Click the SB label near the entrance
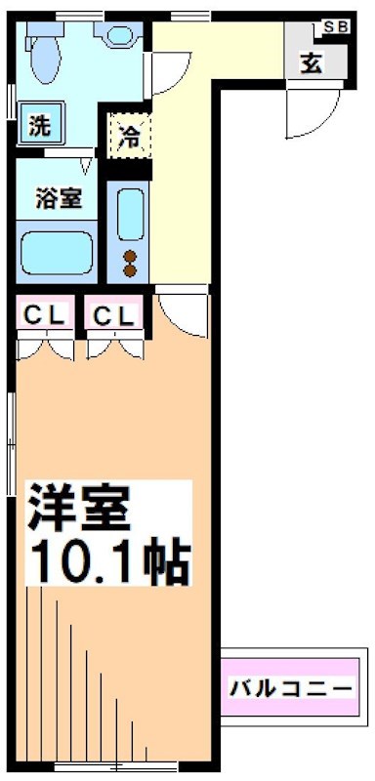coord(336,26)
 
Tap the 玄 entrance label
coord(311,63)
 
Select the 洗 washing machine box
coord(38,126)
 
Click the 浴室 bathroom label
coord(53,198)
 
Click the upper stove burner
coord(129,258)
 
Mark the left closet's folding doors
coord(44,347)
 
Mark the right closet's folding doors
coord(114,347)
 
